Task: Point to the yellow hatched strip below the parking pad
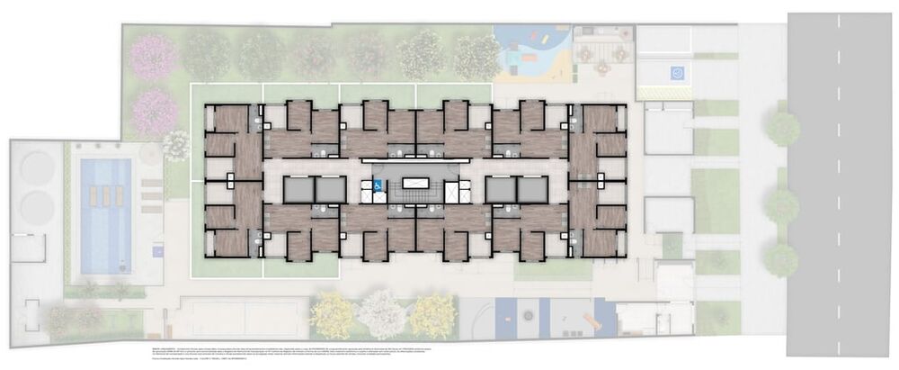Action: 664,92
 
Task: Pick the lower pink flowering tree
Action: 154,112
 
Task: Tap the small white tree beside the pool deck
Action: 176,145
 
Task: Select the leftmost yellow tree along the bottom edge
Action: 334,315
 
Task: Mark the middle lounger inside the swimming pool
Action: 105,195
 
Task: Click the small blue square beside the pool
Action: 158,248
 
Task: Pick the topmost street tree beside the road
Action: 783,129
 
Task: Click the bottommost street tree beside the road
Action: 781,259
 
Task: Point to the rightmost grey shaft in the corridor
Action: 532,189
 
